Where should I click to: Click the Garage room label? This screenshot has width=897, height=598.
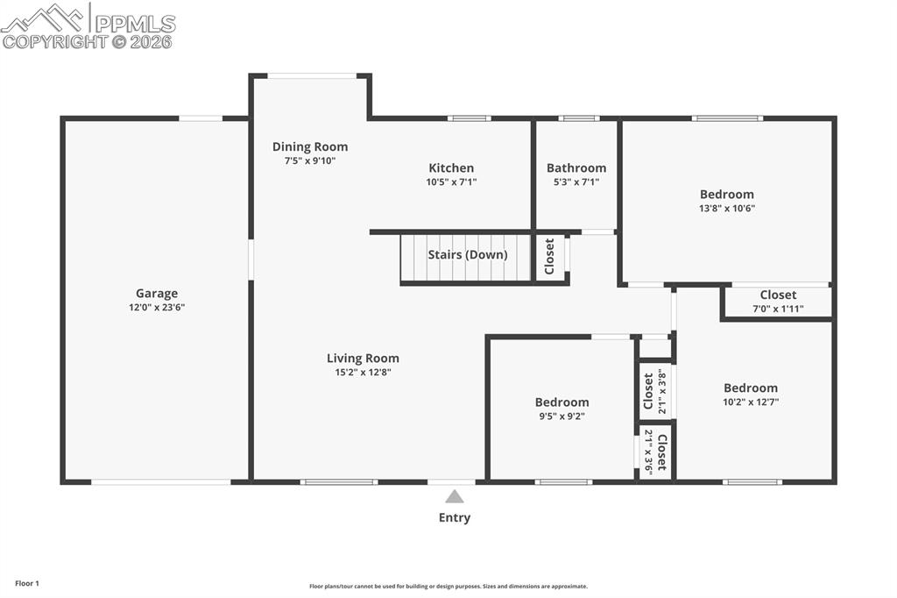(x=157, y=294)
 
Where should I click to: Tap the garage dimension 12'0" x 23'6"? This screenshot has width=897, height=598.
(x=157, y=308)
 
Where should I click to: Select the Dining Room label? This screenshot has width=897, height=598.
(x=310, y=146)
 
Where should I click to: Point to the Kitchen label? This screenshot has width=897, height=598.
(x=451, y=168)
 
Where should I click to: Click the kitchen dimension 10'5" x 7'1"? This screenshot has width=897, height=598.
(x=451, y=182)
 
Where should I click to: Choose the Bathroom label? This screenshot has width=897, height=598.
(x=576, y=168)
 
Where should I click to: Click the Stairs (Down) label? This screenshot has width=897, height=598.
(x=467, y=255)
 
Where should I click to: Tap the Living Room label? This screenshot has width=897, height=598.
(x=363, y=358)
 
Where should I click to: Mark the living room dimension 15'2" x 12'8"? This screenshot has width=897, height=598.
(x=363, y=373)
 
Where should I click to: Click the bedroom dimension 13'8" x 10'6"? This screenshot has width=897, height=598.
(x=726, y=209)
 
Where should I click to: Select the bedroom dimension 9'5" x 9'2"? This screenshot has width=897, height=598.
(x=562, y=416)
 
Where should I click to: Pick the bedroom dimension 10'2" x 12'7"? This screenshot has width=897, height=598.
(x=750, y=402)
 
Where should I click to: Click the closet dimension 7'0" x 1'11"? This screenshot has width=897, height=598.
(x=778, y=310)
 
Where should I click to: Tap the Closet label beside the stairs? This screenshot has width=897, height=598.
(x=550, y=257)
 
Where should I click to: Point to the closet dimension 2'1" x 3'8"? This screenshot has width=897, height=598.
(x=662, y=394)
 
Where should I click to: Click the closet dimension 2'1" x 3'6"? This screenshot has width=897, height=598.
(x=649, y=452)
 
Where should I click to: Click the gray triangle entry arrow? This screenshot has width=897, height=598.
(x=454, y=496)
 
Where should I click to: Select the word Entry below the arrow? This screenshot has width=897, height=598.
(x=454, y=517)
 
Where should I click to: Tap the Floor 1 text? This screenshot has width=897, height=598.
(x=27, y=583)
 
